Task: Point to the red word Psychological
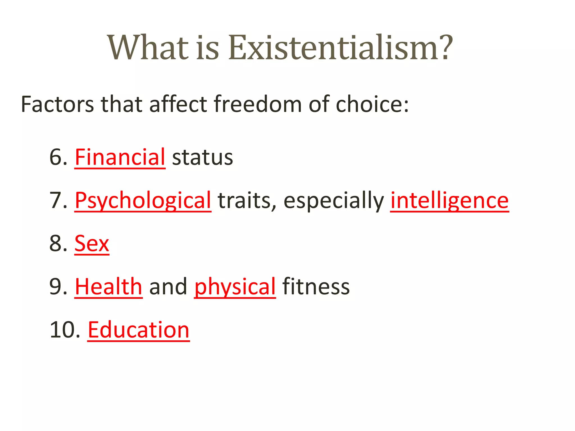pyautogui.click(x=143, y=201)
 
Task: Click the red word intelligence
pyautogui.click(x=449, y=201)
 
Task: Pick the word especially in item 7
pyautogui.click(x=334, y=201)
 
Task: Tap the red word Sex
pyautogui.click(x=92, y=244)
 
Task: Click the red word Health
pyautogui.click(x=109, y=287)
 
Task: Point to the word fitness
pyautogui.click(x=316, y=287)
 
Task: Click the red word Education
pyautogui.click(x=138, y=330)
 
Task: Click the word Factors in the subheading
pyautogui.click(x=57, y=104)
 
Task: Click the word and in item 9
pyautogui.click(x=168, y=287)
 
